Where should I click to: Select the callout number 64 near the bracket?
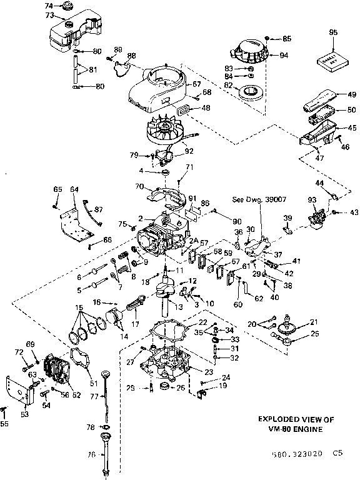point(74,189)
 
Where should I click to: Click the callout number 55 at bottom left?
point(6,424)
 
